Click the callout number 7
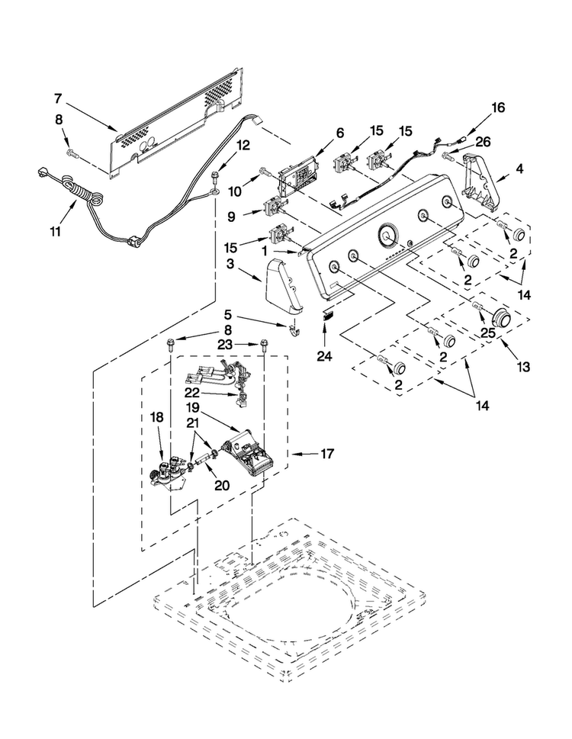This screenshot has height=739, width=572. pyautogui.click(x=58, y=99)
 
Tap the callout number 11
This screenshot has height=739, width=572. pyautogui.click(x=56, y=231)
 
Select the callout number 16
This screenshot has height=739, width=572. pyautogui.click(x=498, y=108)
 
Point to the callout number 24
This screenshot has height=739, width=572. pyautogui.click(x=324, y=356)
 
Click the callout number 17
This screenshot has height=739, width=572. pyautogui.click(x=327, y=454)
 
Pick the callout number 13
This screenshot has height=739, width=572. pyautogui.click(x=523, y=366)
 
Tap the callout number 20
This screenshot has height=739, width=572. pyautogui.click(x=222, y=485)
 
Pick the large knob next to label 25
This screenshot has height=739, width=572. pyautogui.click(x=503, y=319)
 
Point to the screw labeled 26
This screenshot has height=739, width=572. pyautogui.click(x=447, y=155)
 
